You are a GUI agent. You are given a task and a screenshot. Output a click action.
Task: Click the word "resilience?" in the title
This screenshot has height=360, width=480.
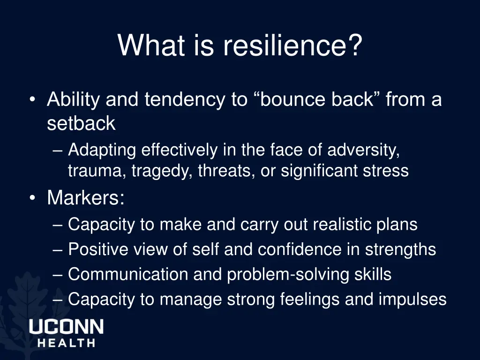click(x=292, y=46)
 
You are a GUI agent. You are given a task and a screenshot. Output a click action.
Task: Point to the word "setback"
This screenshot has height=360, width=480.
click(x=81, y=123)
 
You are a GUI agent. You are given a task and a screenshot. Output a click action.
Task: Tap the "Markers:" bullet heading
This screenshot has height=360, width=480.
click(x=86, y=198)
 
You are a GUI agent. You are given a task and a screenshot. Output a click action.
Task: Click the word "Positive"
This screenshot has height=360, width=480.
click(x=97, y=249)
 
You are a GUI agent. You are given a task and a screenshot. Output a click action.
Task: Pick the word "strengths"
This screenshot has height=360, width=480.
click(x=401, y=249)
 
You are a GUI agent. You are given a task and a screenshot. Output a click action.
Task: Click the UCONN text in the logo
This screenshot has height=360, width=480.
click(x=66, y=327)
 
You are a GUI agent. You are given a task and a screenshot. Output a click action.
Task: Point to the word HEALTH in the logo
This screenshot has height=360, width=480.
click(x=66, y=343)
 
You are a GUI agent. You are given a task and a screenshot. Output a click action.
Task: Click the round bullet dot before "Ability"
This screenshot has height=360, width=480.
click(x=32, y=100)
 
